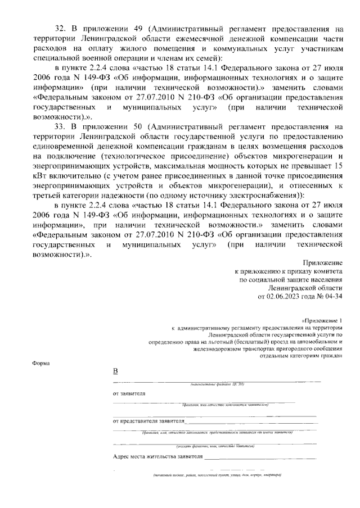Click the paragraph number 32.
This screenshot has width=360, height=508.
(x=60, y=28)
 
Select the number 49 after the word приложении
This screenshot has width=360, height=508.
(x=136, y=28)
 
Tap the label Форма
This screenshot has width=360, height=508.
(x=41, y=363)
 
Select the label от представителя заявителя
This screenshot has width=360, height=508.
(x=148, y=420)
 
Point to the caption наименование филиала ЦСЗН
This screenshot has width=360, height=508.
(x=216, y=384)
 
